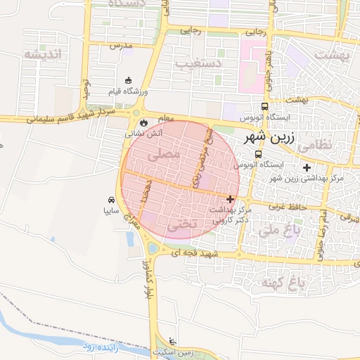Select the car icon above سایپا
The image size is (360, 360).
112,200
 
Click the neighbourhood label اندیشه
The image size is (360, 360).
42,54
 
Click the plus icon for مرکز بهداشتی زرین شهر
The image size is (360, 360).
306,167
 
